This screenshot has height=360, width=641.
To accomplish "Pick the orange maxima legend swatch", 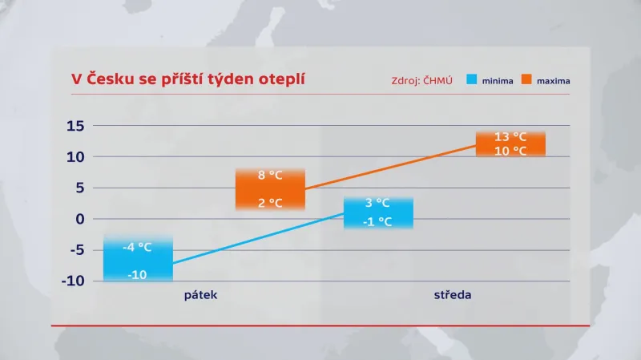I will click(526, 80).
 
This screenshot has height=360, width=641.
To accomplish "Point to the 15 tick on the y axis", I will click(75, 125).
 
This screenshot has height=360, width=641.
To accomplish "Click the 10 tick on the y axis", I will click(75, 156).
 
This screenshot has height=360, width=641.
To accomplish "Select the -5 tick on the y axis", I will click(75, 250).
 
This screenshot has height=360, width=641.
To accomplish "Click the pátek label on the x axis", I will click(200, 295).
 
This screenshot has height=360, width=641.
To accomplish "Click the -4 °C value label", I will click(137, 247).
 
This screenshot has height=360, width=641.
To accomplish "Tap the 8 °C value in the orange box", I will click(269, 175).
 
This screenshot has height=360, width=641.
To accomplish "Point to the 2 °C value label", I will click(269, 203).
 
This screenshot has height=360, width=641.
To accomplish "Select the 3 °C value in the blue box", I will click(377, 203).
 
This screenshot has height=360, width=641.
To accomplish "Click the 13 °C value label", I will click(510, 136).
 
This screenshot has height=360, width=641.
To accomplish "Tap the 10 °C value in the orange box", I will click(510, 151).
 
